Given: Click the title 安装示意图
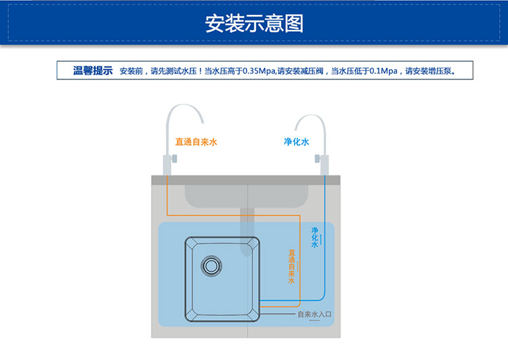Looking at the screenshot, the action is tap(254, 23).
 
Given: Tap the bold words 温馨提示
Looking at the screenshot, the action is tap(93, 71).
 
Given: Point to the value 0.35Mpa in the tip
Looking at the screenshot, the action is tap(259, 71).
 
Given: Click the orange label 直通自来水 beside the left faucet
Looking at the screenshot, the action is tap(196, 142).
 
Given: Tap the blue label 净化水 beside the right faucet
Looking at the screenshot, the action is tap(297, 142).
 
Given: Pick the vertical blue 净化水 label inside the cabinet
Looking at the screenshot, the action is tap(314, 237).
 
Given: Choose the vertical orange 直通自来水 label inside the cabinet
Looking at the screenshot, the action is tap(291, 266).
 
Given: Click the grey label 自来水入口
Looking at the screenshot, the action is tap(314, 314).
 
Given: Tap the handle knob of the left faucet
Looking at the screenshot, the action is tap(174, 159).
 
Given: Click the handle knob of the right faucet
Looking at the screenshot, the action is tap(317, 159).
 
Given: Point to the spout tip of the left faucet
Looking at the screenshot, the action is tap(203, 122).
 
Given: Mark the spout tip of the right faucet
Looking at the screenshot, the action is tap(296, 129).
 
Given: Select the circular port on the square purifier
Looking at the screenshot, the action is tap(211, 266).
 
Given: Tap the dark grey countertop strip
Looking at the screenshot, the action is tap(246, 180).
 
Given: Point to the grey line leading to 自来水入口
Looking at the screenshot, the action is tap(278, 314).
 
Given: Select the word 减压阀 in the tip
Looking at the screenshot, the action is tap(312, 71).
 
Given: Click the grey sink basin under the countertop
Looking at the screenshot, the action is tap(247, 195).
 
